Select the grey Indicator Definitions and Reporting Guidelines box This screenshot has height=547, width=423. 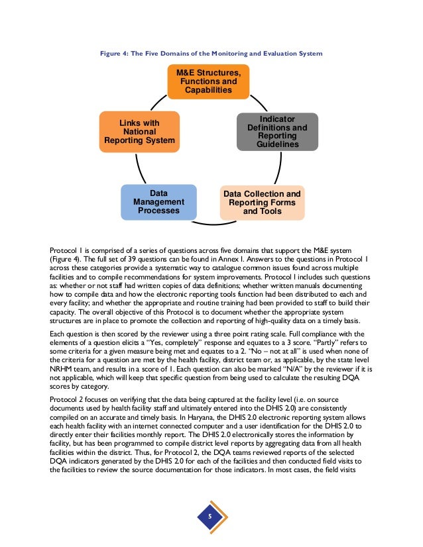(x=277, y=131)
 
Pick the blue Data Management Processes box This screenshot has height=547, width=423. (x=158, y=202)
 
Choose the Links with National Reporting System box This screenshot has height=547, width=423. (x=139, y=132)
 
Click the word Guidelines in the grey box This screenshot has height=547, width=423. (x=277, y=144)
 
